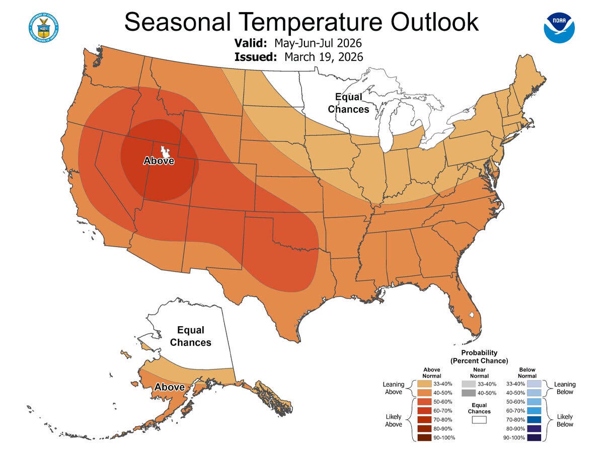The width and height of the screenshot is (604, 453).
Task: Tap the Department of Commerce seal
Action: [44, 27]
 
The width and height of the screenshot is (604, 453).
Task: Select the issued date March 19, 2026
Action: [324, 56]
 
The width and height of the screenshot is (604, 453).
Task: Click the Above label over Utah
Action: [159, 161]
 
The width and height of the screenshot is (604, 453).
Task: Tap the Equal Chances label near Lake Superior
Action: [348, 103]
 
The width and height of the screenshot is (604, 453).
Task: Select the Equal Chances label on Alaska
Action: [190, 336]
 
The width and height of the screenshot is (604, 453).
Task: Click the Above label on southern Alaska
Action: [169, 388]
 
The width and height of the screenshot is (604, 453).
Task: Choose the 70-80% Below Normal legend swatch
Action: [534, 419]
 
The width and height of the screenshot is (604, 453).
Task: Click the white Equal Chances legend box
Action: [479, 419]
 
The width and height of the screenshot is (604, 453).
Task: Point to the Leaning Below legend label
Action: [564, 388]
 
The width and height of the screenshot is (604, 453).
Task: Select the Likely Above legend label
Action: [394, 420]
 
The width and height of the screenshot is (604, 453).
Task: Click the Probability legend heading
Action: [479, 356]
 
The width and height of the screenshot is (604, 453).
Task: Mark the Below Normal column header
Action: [527, 373]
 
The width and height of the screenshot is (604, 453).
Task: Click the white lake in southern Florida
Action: [471, 315]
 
